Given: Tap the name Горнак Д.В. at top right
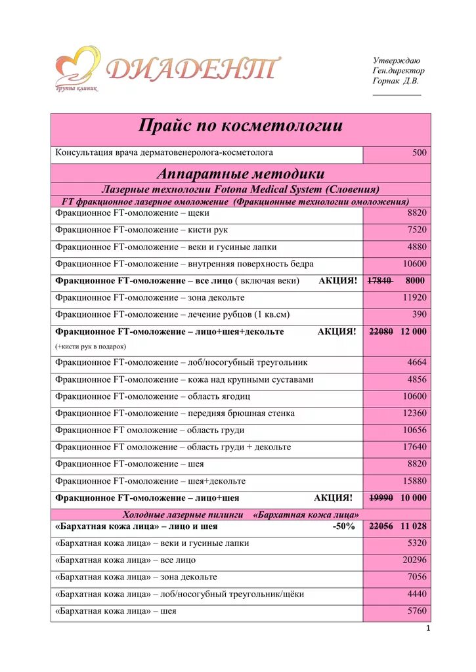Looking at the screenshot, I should pos(395,81).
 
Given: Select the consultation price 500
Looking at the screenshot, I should pos(419,153).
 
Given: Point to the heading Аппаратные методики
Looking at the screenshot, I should pos(240,174).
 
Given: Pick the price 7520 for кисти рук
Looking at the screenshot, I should pos(416,230).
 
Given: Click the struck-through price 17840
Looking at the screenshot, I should pos(380,281).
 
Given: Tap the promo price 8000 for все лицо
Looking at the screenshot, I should pos(415,281).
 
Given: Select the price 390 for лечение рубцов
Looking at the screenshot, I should pos(419,314).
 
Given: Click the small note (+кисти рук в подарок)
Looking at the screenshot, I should pos(91,346).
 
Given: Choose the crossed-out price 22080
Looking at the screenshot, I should pos(381,331).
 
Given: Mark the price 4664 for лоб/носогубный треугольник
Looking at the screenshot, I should pos(416,362).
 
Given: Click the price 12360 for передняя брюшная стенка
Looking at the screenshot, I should pos(414,413).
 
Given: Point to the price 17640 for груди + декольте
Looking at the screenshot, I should pos(414,447).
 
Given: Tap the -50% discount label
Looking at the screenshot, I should pos(343,526).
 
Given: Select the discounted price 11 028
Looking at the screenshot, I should pos(414,526).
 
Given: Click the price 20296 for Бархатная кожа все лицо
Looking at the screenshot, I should pos(414,560).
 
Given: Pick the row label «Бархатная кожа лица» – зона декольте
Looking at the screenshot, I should pos(136,577).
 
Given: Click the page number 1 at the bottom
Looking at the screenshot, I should pos(427,629).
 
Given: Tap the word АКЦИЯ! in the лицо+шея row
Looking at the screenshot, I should pos(333,497).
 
